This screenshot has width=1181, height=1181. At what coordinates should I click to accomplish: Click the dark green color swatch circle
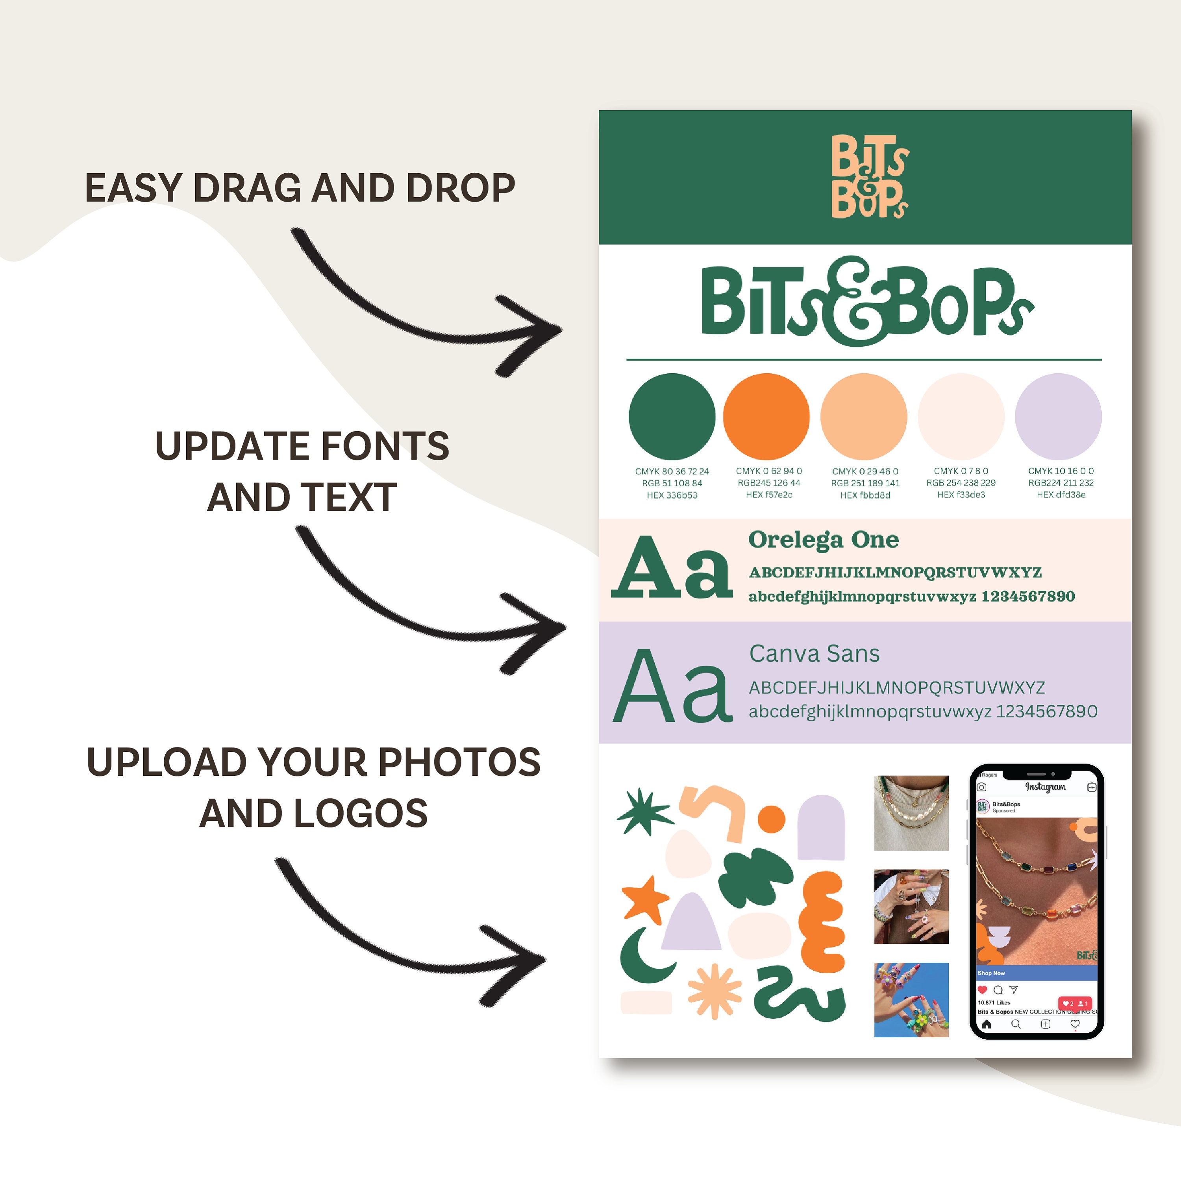[x=672, y=417]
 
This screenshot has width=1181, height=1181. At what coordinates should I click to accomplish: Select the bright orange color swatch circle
[x=766, y=417]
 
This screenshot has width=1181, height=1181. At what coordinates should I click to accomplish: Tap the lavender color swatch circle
[x=1058, y=417]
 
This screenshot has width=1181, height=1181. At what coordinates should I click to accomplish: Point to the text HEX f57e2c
[x=768, y=495]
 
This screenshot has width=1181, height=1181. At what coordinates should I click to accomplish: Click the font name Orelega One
[x=824, y=540]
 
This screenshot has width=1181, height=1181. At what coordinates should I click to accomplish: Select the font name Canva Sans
[x=814, y=654]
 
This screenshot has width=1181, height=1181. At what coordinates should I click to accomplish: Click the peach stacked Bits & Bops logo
[x=869, y=177]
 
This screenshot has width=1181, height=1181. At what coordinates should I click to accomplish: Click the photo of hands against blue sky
[x=911, y=1000]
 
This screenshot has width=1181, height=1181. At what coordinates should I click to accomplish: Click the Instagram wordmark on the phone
[x=1045, y=787]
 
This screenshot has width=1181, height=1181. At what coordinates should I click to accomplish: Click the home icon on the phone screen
[x=987, y=1024]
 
